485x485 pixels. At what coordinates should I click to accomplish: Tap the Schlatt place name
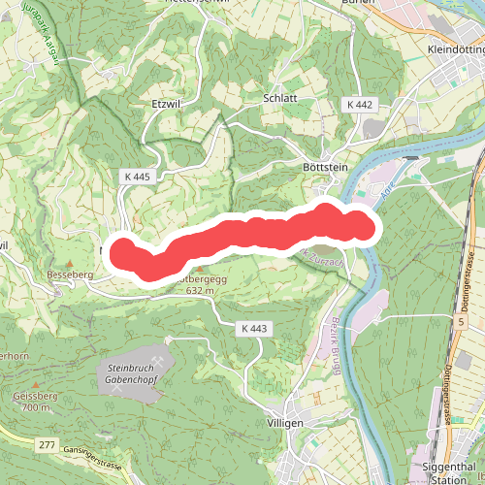point(279,99)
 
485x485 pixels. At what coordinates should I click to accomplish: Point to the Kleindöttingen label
point(455,48)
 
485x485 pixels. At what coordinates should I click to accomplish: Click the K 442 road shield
point(357,103)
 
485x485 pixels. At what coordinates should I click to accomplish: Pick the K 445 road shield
point(137,177)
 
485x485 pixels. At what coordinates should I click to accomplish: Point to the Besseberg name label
point(68,275)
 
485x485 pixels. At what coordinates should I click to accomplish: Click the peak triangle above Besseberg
point(69,263)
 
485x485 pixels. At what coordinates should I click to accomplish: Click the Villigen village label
point(284,424)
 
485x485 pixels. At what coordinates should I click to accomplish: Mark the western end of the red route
point(123,250)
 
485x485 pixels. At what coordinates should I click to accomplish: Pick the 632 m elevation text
point(199,290)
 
